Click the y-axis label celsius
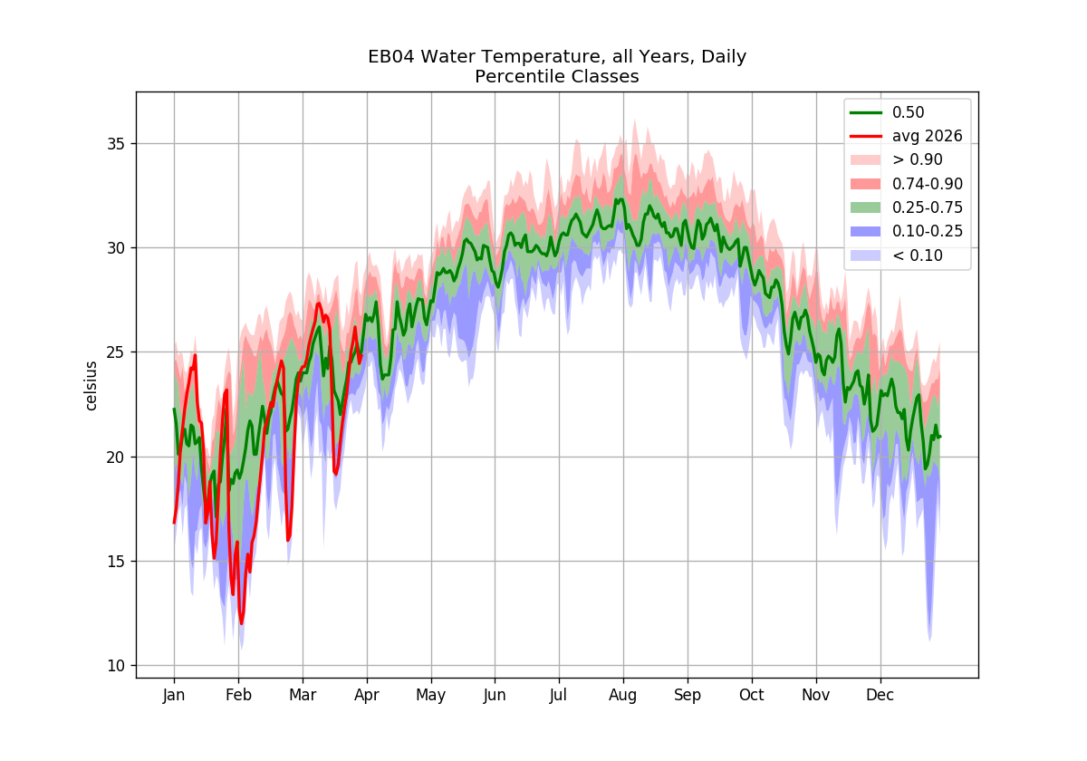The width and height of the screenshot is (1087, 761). point(91,386)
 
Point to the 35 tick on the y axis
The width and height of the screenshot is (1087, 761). point(115,144)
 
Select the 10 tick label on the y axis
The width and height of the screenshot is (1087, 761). point(115,666)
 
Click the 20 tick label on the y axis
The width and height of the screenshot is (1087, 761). point(115,458)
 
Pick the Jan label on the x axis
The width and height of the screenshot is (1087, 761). point(174,695)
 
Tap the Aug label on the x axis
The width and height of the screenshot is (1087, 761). point(622,696)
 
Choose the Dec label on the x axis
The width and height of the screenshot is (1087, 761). point(880,695)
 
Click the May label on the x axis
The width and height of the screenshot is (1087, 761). point(431,696)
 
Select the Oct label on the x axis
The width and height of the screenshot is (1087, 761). point(751,695)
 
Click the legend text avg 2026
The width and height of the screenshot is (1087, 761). point(927,137)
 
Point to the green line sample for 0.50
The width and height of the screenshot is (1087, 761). point(866,112)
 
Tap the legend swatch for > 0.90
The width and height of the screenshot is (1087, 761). point(866,159)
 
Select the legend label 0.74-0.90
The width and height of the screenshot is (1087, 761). point(928,183)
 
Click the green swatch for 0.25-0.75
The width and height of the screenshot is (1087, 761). point(866,207)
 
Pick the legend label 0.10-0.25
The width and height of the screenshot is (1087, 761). point(928,231)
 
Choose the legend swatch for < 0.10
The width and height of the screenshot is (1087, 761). point(866,255)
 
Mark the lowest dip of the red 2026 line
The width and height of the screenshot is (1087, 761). point(241,623)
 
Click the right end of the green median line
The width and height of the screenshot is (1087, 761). point(940,438)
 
